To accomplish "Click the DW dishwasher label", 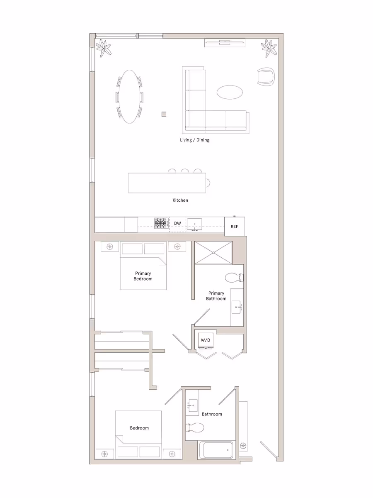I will (x=177, y=224).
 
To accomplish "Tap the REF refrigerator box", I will (x=235, y=227).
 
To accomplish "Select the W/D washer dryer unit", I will (x=206, y=340).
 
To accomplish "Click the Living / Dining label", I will (x=194, y=140).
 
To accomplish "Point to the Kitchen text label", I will (x=180, y=200).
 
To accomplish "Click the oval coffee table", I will (x=230, y=92).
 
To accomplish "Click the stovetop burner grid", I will (x=160, y=224).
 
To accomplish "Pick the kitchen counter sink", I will (x=194, y=224).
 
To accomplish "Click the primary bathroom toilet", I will (x=234, y=277).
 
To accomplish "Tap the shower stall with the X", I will (x=213, y=252).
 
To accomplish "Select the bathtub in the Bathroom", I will (x=216, y=450).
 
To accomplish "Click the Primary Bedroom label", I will (x=143, y=276).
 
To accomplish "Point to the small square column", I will (x=164, y=114).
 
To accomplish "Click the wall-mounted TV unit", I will (x=225, y=42).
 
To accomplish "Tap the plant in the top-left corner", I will (x=104, y=48).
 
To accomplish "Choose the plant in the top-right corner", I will (x=269, y=48).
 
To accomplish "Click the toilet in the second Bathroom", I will (x=195, y=427).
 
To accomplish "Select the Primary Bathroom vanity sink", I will (x=237, y=308).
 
